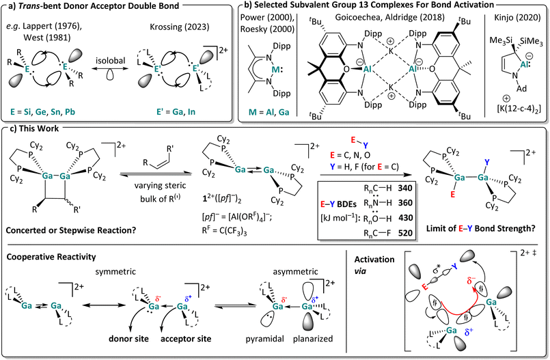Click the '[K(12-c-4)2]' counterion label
click(x=512, y=111)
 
